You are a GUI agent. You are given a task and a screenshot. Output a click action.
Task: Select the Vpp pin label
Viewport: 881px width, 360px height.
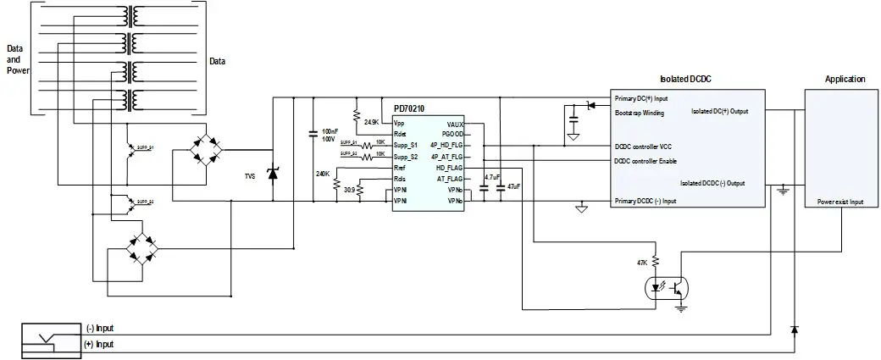coord(399,123)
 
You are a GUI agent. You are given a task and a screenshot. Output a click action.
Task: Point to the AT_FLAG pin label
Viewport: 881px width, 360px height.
coord(449,179)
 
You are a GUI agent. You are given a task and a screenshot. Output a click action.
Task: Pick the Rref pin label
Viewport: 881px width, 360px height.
coord(400,168)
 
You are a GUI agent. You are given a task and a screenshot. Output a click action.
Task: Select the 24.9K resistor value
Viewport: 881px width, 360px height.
coord(371,123)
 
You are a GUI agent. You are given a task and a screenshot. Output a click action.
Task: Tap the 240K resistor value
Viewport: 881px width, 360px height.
coord(322,173)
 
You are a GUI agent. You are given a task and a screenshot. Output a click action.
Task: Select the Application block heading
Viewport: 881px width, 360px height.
coord(845,79)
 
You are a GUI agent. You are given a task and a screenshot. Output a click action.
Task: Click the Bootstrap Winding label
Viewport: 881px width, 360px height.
coord(639,113)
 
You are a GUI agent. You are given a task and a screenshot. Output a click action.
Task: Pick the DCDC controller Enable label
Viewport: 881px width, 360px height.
coord(646,161)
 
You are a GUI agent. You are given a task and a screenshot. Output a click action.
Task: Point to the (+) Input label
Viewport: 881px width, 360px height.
coord(99,344)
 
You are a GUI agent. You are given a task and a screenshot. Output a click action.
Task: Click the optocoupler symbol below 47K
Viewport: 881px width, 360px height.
coord(667,288)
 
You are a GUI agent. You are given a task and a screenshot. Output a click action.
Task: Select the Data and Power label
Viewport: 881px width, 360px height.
coord(18,60)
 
